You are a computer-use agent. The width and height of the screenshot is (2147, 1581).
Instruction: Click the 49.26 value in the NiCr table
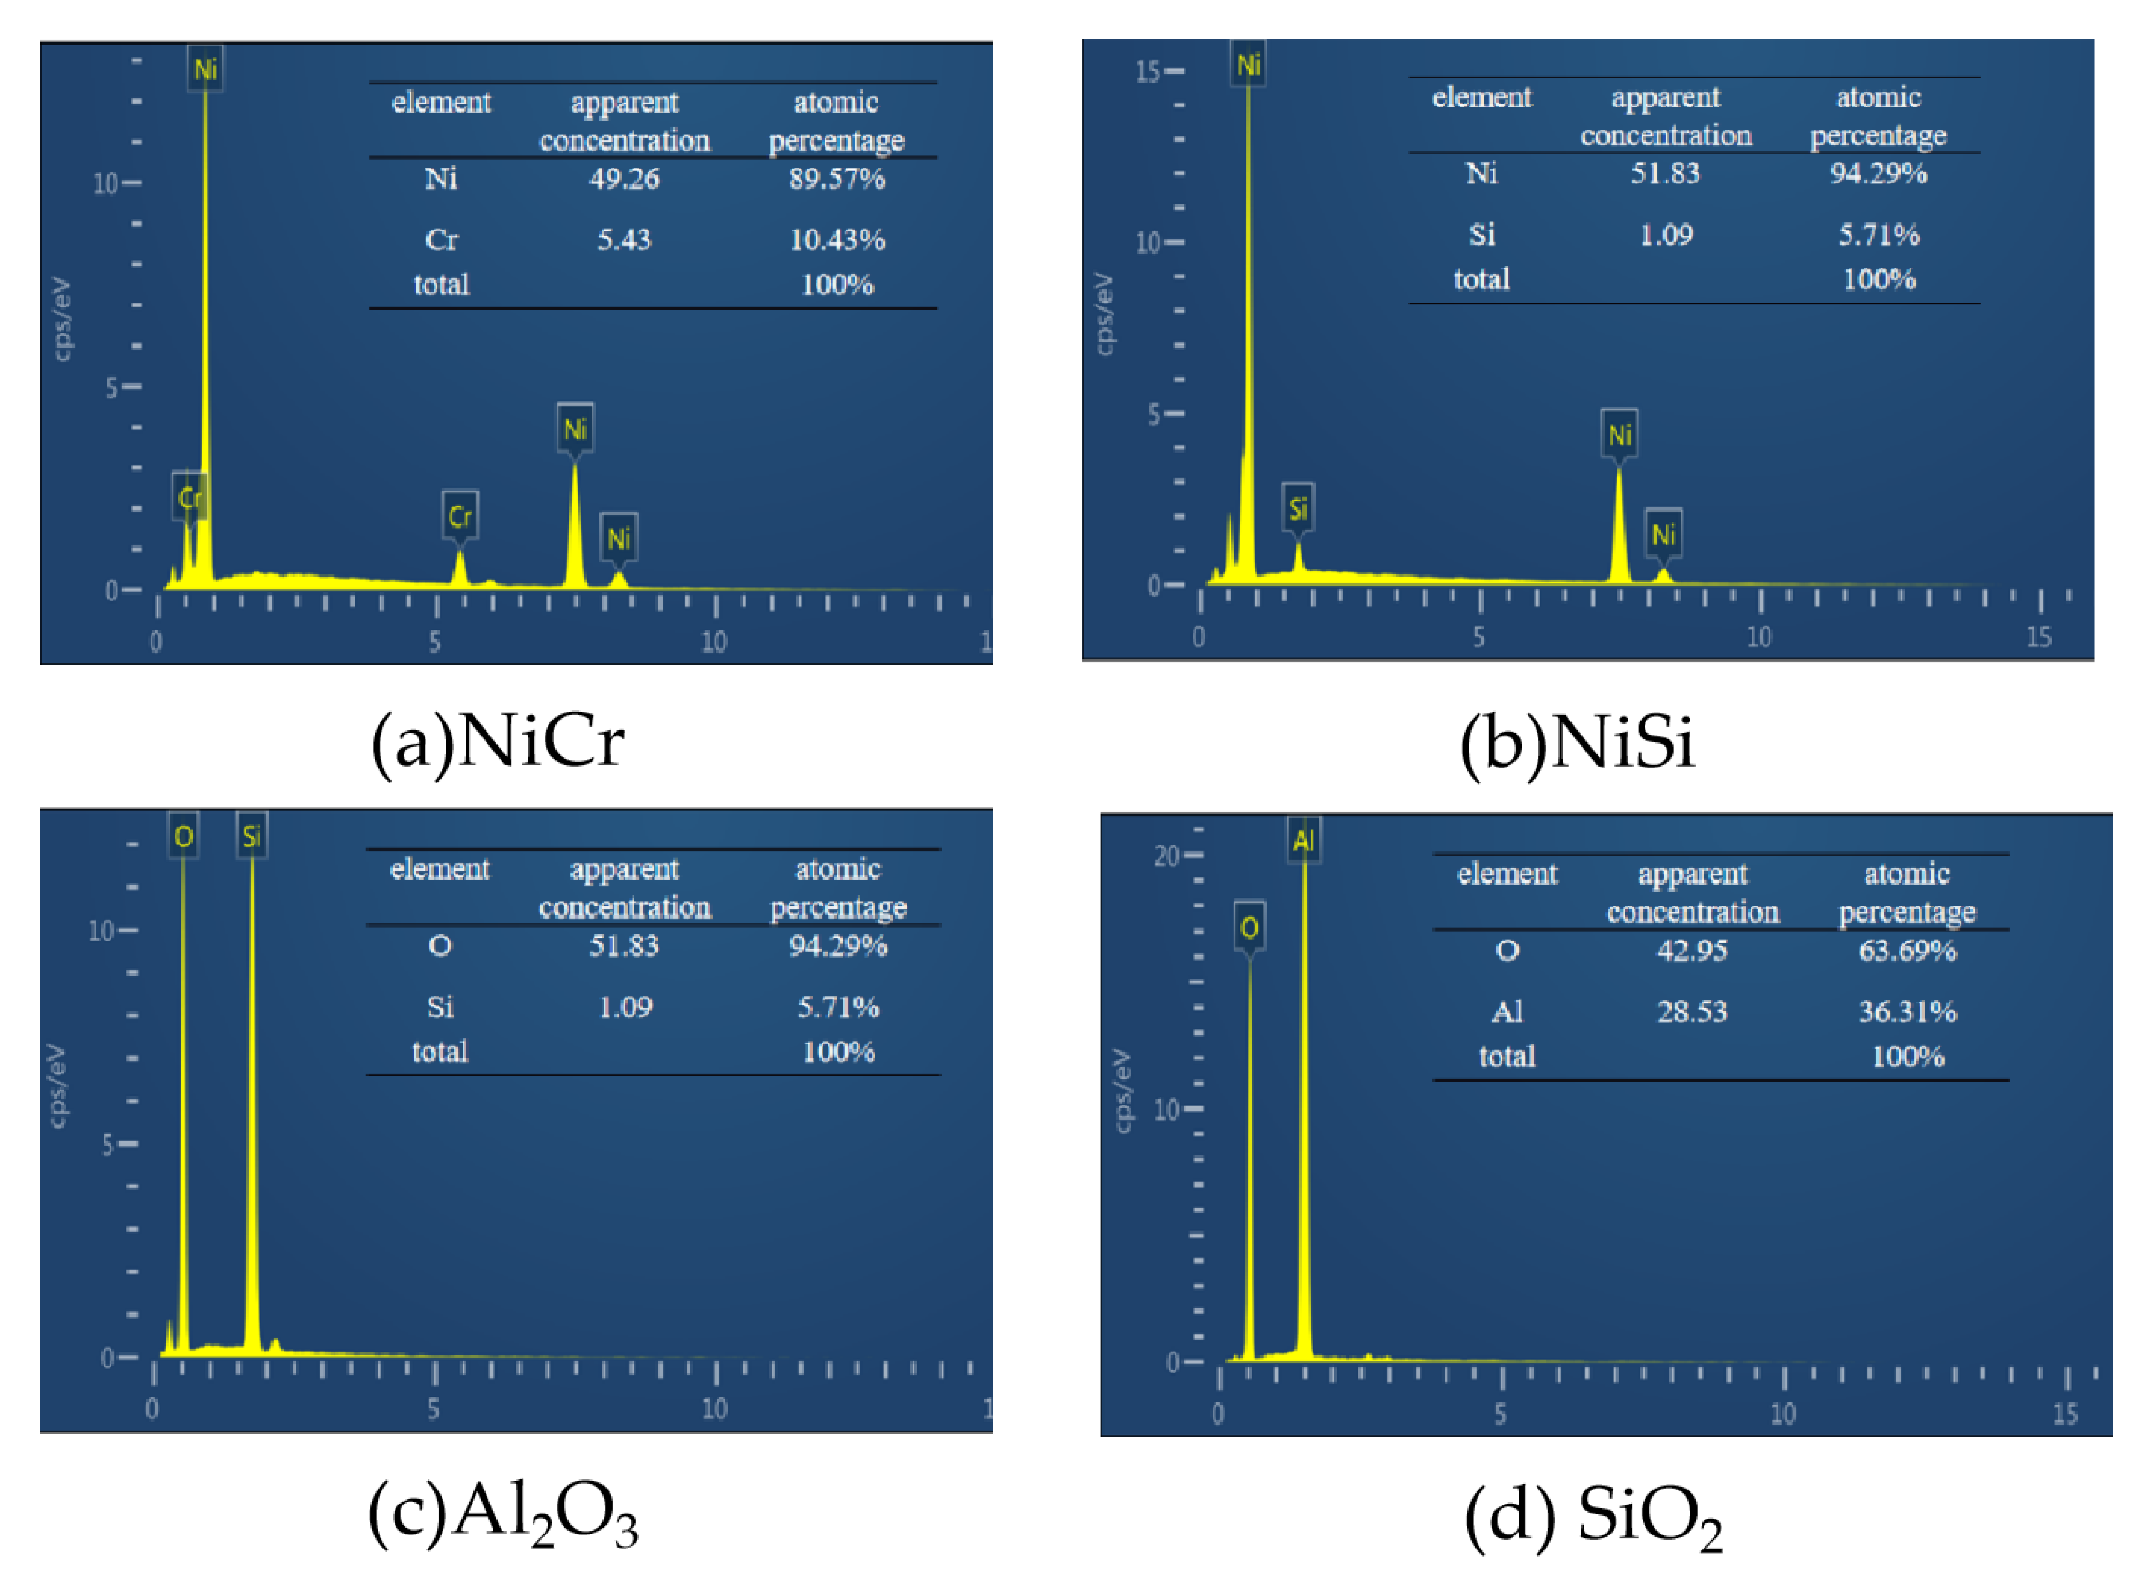(624, 179)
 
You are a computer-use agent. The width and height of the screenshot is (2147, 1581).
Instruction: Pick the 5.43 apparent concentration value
(624, 239)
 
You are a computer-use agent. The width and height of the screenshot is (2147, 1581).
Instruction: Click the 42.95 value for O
(1691, 951)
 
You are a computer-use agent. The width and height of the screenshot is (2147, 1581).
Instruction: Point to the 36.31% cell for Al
(1907, 1012)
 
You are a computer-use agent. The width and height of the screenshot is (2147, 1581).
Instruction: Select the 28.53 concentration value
(1691, 1012)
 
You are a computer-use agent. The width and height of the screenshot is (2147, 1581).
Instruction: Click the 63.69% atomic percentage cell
(1907, 951)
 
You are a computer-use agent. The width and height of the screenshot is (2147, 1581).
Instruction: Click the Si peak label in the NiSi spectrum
(1297, 508)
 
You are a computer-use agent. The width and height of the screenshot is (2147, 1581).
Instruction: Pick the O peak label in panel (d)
(1249, 926)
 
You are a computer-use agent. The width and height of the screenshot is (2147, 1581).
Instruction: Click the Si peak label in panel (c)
(252, 836)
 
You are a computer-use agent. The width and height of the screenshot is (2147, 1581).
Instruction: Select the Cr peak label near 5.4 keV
(459, 517)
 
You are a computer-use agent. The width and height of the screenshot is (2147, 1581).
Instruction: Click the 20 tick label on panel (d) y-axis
(1165, 856)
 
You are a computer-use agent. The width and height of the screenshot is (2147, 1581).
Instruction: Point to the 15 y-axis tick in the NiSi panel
(1146, 72)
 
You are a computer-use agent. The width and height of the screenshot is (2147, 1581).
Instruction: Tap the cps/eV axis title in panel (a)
(61, 319)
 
